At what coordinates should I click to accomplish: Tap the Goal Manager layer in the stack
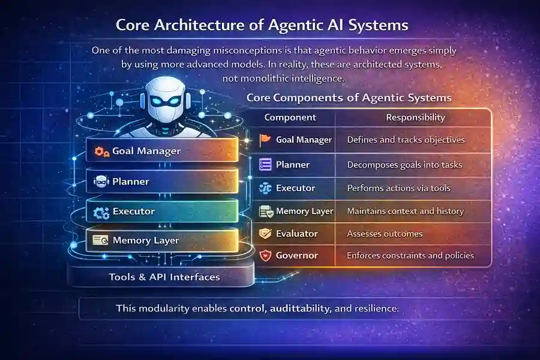pyautogui.click(x=162, y=151)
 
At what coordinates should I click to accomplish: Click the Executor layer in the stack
pyautogui.click(x=162, y=211)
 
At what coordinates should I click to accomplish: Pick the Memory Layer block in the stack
pyautogui.click(x=162, y=241)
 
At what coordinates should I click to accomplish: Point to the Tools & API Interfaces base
pyautogui.click(x=164, y=277)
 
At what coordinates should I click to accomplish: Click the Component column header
pyautogui.click(x=290, y=118)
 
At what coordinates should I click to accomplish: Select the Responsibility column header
pyautogui.click(x=415, y=118)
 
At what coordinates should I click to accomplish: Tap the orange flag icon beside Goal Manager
pyautogui.click(x=265, y=140)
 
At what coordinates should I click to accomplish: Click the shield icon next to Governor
pyautogui.click(x=265, y=256)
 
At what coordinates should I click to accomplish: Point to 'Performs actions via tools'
pyautogui.click(x=398, y=188)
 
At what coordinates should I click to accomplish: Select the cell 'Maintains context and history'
pyautogui.click(x=405, y=211)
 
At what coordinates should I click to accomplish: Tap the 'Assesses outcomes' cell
pyautogui.click(x=385, y=233)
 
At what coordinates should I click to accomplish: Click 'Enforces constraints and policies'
pyautogui.click(x=410, y=256)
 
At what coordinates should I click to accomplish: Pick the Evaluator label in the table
pyautogui.click(x=296, y=233)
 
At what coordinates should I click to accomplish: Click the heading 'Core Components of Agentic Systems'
pyautogui.click(x=349, y=97)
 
